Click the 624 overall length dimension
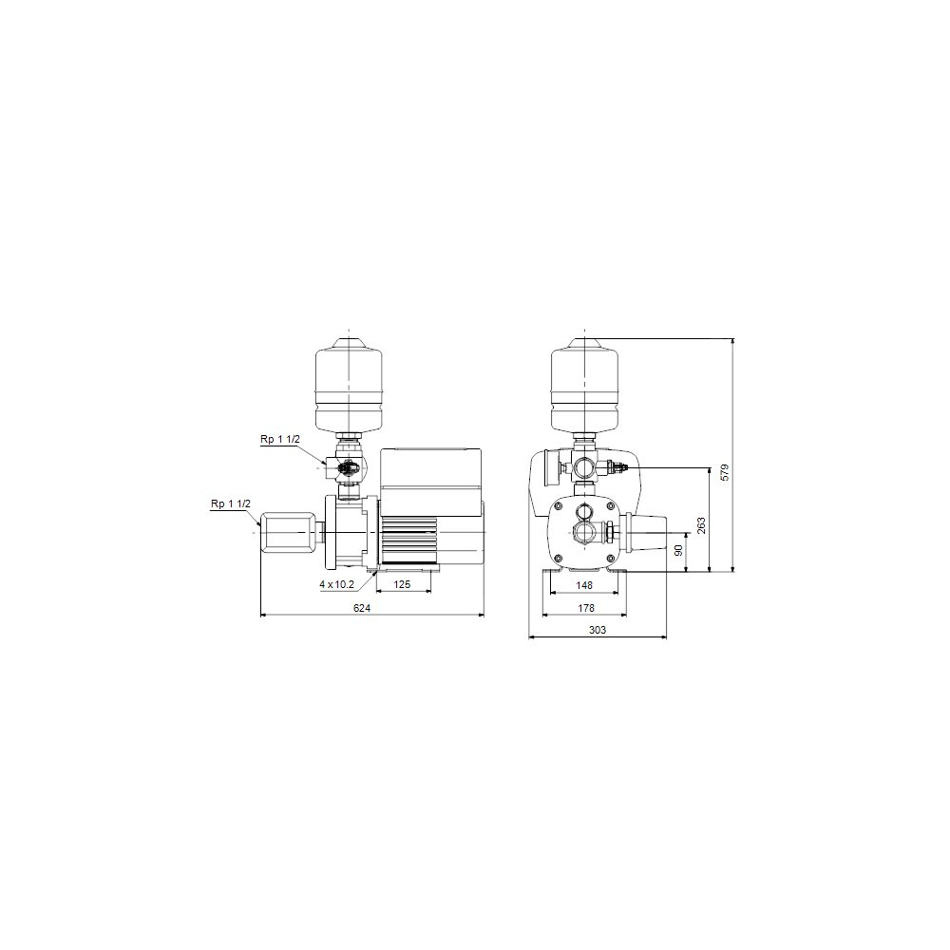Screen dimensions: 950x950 pos(362,608)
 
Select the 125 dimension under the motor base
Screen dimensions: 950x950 pos(402,584)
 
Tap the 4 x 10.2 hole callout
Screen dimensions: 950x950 pos(337,584)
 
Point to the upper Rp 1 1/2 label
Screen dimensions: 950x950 pos(280,439)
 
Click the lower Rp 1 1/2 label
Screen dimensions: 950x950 pos(230,503)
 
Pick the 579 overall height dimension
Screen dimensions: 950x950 pos(725,472)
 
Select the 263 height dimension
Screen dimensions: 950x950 pos(702,525)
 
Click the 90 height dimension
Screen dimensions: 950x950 pos(678,550)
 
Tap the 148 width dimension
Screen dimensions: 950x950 pos(584,585)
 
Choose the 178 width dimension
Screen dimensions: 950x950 pos(586,608)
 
